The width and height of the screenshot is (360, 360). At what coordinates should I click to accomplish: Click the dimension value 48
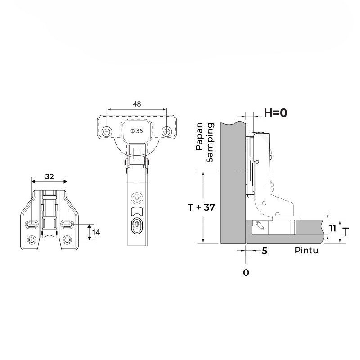coord(137,104)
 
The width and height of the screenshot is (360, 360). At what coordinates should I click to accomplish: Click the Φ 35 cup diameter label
coord(137,131)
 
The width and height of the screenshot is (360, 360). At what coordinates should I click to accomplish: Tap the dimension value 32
coord(49,176)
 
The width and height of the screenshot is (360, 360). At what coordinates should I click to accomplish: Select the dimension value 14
coord(96,232)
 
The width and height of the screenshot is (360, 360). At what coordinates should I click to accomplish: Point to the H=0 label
coord(275,113)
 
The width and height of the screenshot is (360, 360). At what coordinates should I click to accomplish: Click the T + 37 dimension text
coord(201,207)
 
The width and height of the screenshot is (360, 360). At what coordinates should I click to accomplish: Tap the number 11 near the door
coord(333,229)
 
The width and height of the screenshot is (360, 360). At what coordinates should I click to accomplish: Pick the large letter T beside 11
coord(346,232)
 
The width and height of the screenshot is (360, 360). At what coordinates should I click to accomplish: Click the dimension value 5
coord(265,251)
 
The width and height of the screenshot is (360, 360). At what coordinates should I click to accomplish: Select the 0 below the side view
coord(246,273)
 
